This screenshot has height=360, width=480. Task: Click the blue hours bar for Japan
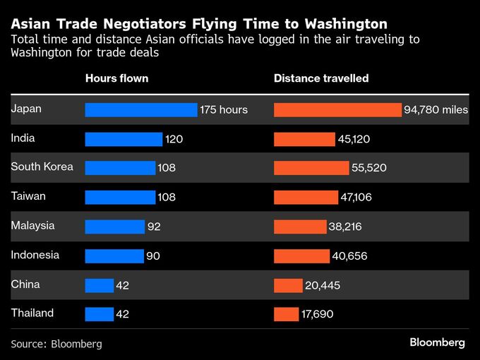tap(141, 109)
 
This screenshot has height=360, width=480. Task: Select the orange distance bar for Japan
tap(337, 109)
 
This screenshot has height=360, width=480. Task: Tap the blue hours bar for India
tap(124, 139)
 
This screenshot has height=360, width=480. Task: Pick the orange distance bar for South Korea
tap(311, 168)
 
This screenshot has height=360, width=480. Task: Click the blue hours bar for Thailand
tap(100, 314)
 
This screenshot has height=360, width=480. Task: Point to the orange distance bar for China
tap(288, 285)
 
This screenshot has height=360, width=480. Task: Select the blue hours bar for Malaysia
tap(114, 227)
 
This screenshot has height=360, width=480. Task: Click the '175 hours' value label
tap(224, 110)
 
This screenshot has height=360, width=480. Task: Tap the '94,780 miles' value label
tap(436, 110)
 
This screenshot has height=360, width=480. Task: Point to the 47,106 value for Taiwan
tap(356, 198)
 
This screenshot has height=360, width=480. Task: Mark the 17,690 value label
tap(317, 314)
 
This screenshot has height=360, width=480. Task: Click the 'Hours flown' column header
tap(116, 78)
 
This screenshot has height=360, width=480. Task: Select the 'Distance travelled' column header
tap(321, 78)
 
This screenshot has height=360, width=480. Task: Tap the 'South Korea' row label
tap(42, 167)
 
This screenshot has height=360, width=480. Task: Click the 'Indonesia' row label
tap(35, 255)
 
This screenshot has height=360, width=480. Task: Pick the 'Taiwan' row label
tap(29, 196)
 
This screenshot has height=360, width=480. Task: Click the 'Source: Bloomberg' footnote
tap(56, 344)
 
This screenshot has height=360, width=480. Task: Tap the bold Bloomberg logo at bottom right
tap(437, 342)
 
